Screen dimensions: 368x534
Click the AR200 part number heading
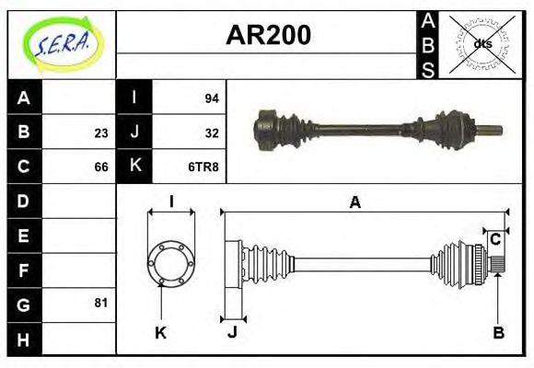pyautogui.click(x=268, y=35)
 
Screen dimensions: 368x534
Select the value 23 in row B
pyautogui.click(x=100, y=132)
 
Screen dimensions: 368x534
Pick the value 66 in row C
pyautogui.click(x=100, y=167)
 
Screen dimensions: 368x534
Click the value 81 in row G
pyautogui.click(x=100, y=302)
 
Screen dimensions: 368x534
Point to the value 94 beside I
pyautogui.click(x=211, y=98)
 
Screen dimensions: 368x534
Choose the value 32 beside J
pyautogui.click(x=211, y=132)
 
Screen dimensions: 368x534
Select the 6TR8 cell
pyautogui.click(x=203, y=167)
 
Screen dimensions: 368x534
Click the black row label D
pyautogui.click(x=24, y=200)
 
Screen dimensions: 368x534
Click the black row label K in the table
pyautogui.click(x=134, y=167)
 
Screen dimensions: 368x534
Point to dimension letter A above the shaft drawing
pyautogui.click(x=354, y=202)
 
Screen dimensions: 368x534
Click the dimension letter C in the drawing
pyautogui.click(x=495, y=239)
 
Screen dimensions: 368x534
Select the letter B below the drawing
pyautogui.click(x=498, y=333)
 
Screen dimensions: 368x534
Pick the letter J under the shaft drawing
pyautogui.click(x=232, y=333)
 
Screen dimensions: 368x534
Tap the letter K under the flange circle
pyautogui.click(x=160, y=333)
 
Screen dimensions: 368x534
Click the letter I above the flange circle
pyautogui.click(x=171, y=201)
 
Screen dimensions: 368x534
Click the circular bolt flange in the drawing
pyautogui.click(x=171, y=263)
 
